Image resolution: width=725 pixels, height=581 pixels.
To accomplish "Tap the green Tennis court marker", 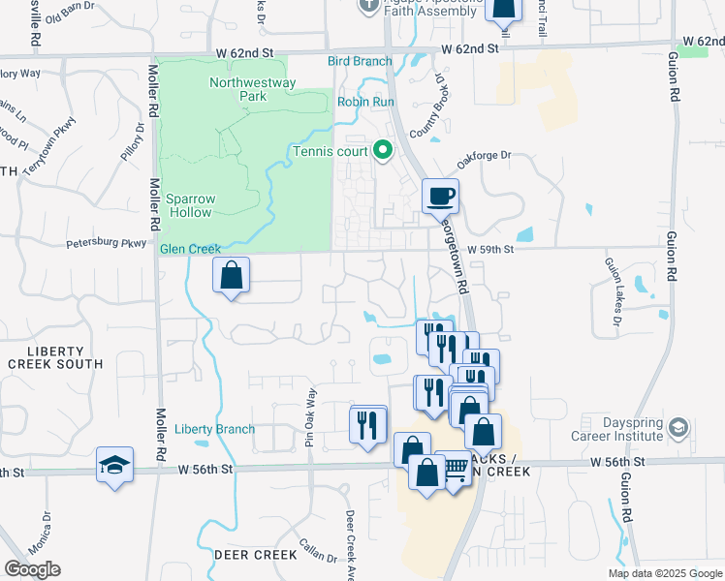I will coord(382,151).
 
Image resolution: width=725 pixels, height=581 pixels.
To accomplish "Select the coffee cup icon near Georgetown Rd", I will coord(440,197).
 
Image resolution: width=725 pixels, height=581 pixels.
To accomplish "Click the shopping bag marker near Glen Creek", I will coord(232,276).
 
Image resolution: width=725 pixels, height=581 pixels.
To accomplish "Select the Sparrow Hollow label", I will coord(191,204).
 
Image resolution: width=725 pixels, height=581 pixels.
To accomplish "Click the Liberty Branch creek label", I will coord(215,429).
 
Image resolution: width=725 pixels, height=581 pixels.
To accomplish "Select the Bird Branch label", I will coord(360,62).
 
